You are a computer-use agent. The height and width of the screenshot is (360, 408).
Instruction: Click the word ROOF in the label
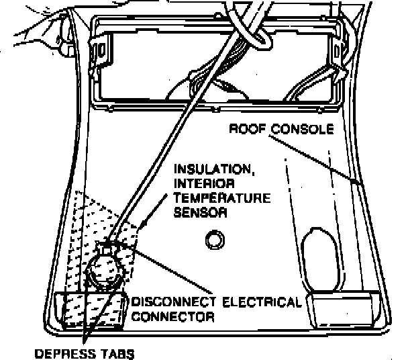[244, 130]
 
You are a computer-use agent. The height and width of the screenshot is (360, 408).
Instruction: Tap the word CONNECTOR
[173, 316]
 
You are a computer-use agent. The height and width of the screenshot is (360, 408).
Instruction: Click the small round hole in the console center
[215, 239]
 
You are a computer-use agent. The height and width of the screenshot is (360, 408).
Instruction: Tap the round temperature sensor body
[104, 269]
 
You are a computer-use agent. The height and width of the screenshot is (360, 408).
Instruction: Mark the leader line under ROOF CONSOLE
[315, 156]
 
